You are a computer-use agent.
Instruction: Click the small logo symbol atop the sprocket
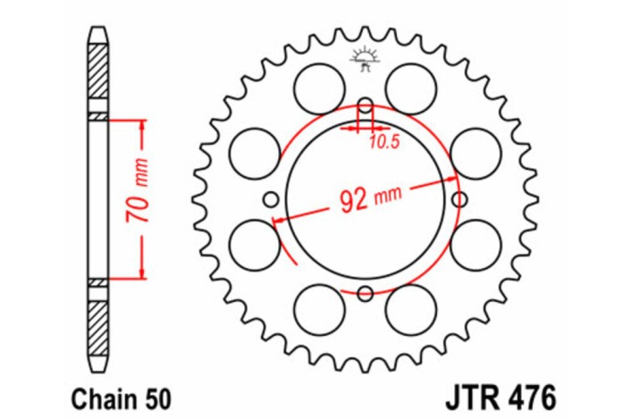point(365,57)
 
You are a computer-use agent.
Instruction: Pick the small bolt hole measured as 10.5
point(365,108)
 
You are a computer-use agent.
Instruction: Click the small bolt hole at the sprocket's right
point(459,198)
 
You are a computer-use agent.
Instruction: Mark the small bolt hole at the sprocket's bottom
point(365,293)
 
